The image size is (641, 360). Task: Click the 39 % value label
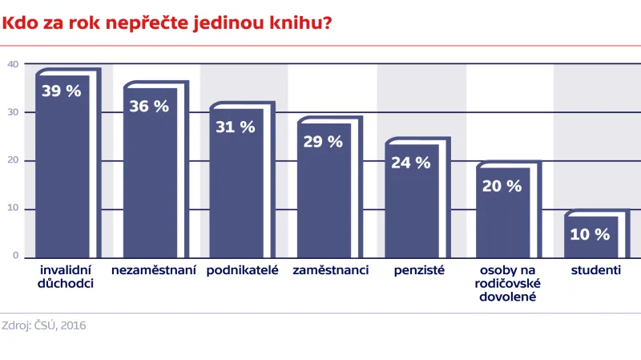click(x=61, y=91)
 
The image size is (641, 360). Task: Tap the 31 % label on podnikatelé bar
click(x=236, y=127)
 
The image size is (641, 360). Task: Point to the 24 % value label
click(x=410, y=162)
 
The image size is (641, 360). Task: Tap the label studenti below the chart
click(x=595, y=270)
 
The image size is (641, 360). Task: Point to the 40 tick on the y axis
click(x=12, y=64)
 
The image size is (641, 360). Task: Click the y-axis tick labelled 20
click(x=12, y=160)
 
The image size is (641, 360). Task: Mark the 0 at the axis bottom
click(x=14, y=255)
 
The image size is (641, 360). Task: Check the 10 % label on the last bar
click(x=590, y=234)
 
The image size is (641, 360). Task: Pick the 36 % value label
click(x=149, y=106)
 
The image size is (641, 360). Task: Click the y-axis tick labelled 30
click(x=12, y=112)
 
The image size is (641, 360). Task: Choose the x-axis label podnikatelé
click(x=242, y=270)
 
